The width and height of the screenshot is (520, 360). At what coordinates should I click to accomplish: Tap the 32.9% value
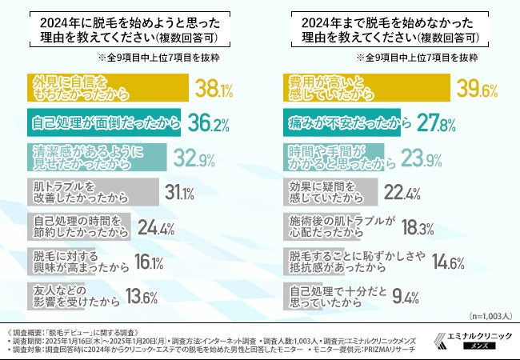click(x=195, y=158)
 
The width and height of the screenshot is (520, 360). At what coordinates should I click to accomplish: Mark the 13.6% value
click(x=141, y=298)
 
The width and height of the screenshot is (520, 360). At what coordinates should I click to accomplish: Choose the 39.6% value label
click(x=480, y=86)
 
